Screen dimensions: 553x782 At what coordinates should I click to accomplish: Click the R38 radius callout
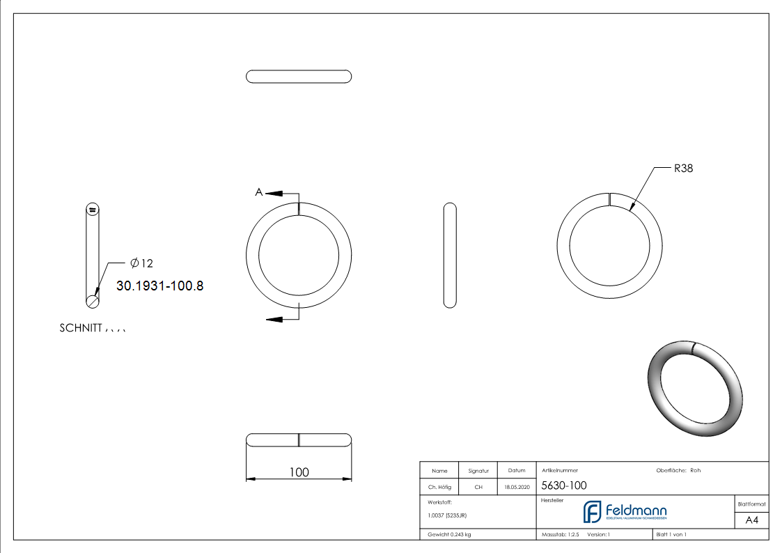683,169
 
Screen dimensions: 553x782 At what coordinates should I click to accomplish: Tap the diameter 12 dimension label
141,263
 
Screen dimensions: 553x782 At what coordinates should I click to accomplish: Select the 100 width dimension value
299,472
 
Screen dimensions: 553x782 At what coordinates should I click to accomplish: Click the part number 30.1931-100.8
160,286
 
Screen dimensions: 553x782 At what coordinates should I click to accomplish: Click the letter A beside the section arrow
259,192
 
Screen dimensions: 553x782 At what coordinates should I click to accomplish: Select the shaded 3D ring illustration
695,389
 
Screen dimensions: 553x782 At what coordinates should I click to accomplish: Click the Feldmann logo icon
592,512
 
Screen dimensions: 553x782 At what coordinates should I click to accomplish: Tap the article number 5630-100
563,486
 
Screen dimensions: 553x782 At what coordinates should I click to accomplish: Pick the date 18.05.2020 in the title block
517,488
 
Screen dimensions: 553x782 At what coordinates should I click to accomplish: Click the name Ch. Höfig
439,488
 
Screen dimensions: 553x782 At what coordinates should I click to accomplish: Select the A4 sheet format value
752,520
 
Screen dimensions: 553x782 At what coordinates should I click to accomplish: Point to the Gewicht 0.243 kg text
449,535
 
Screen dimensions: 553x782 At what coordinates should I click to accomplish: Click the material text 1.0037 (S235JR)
447,515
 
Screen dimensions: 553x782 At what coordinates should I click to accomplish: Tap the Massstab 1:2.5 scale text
561,535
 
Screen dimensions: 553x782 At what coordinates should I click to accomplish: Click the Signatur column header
478,471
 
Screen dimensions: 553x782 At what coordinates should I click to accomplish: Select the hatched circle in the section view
92,301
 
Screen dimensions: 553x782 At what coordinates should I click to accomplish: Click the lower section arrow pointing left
276,319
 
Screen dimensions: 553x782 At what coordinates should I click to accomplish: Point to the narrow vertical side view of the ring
450,254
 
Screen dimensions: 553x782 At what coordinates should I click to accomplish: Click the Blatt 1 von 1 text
671,535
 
